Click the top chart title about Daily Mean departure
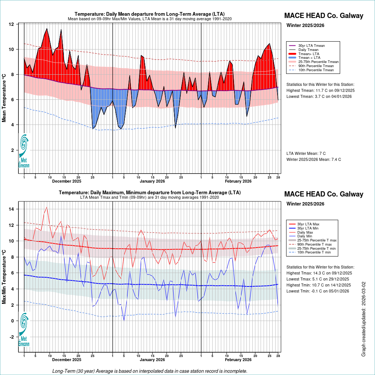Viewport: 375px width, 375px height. coord(149,14)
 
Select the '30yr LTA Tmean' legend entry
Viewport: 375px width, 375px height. coord(311,45)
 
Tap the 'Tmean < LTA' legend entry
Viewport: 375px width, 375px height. coord(309,57)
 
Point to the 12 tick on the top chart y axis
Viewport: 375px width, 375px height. coord(11,24)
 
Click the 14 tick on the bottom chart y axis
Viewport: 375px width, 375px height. coord(11,209)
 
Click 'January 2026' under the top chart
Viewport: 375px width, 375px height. coord(152,181)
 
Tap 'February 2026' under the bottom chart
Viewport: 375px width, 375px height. coord(238,360)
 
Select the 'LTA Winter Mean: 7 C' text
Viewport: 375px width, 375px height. coord(306,153)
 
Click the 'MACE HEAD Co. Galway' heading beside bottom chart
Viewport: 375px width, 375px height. coord(324,194)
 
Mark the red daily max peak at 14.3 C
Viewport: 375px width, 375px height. coord(46,207)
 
